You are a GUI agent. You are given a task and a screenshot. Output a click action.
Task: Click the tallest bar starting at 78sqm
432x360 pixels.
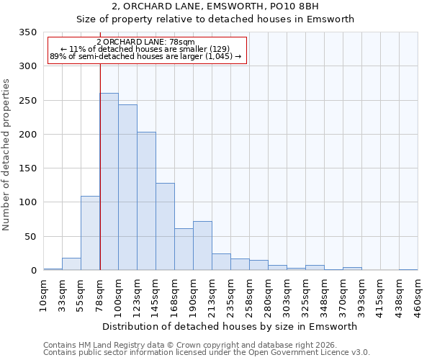pos(109,181)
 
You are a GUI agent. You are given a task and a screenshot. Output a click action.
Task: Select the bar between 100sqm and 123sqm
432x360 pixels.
pos(127,187)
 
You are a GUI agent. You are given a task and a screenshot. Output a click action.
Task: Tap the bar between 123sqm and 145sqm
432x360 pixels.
pos(146,201)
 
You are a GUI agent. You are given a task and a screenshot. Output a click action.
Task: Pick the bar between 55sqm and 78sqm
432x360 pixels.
pos(90,233)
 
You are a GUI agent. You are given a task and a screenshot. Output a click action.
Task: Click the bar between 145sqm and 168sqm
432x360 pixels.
pos(165,226)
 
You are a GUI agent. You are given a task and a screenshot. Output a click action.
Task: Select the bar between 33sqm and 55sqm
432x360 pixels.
pos(71,264)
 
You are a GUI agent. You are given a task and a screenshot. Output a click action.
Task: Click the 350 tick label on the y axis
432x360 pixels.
pos(27,32)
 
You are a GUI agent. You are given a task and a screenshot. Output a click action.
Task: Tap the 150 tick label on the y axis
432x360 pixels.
pos(27,168)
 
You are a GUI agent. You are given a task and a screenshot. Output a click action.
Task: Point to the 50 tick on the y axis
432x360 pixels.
pos(30,236)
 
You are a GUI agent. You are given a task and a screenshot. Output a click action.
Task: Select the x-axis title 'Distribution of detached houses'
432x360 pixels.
pos(229,326)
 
